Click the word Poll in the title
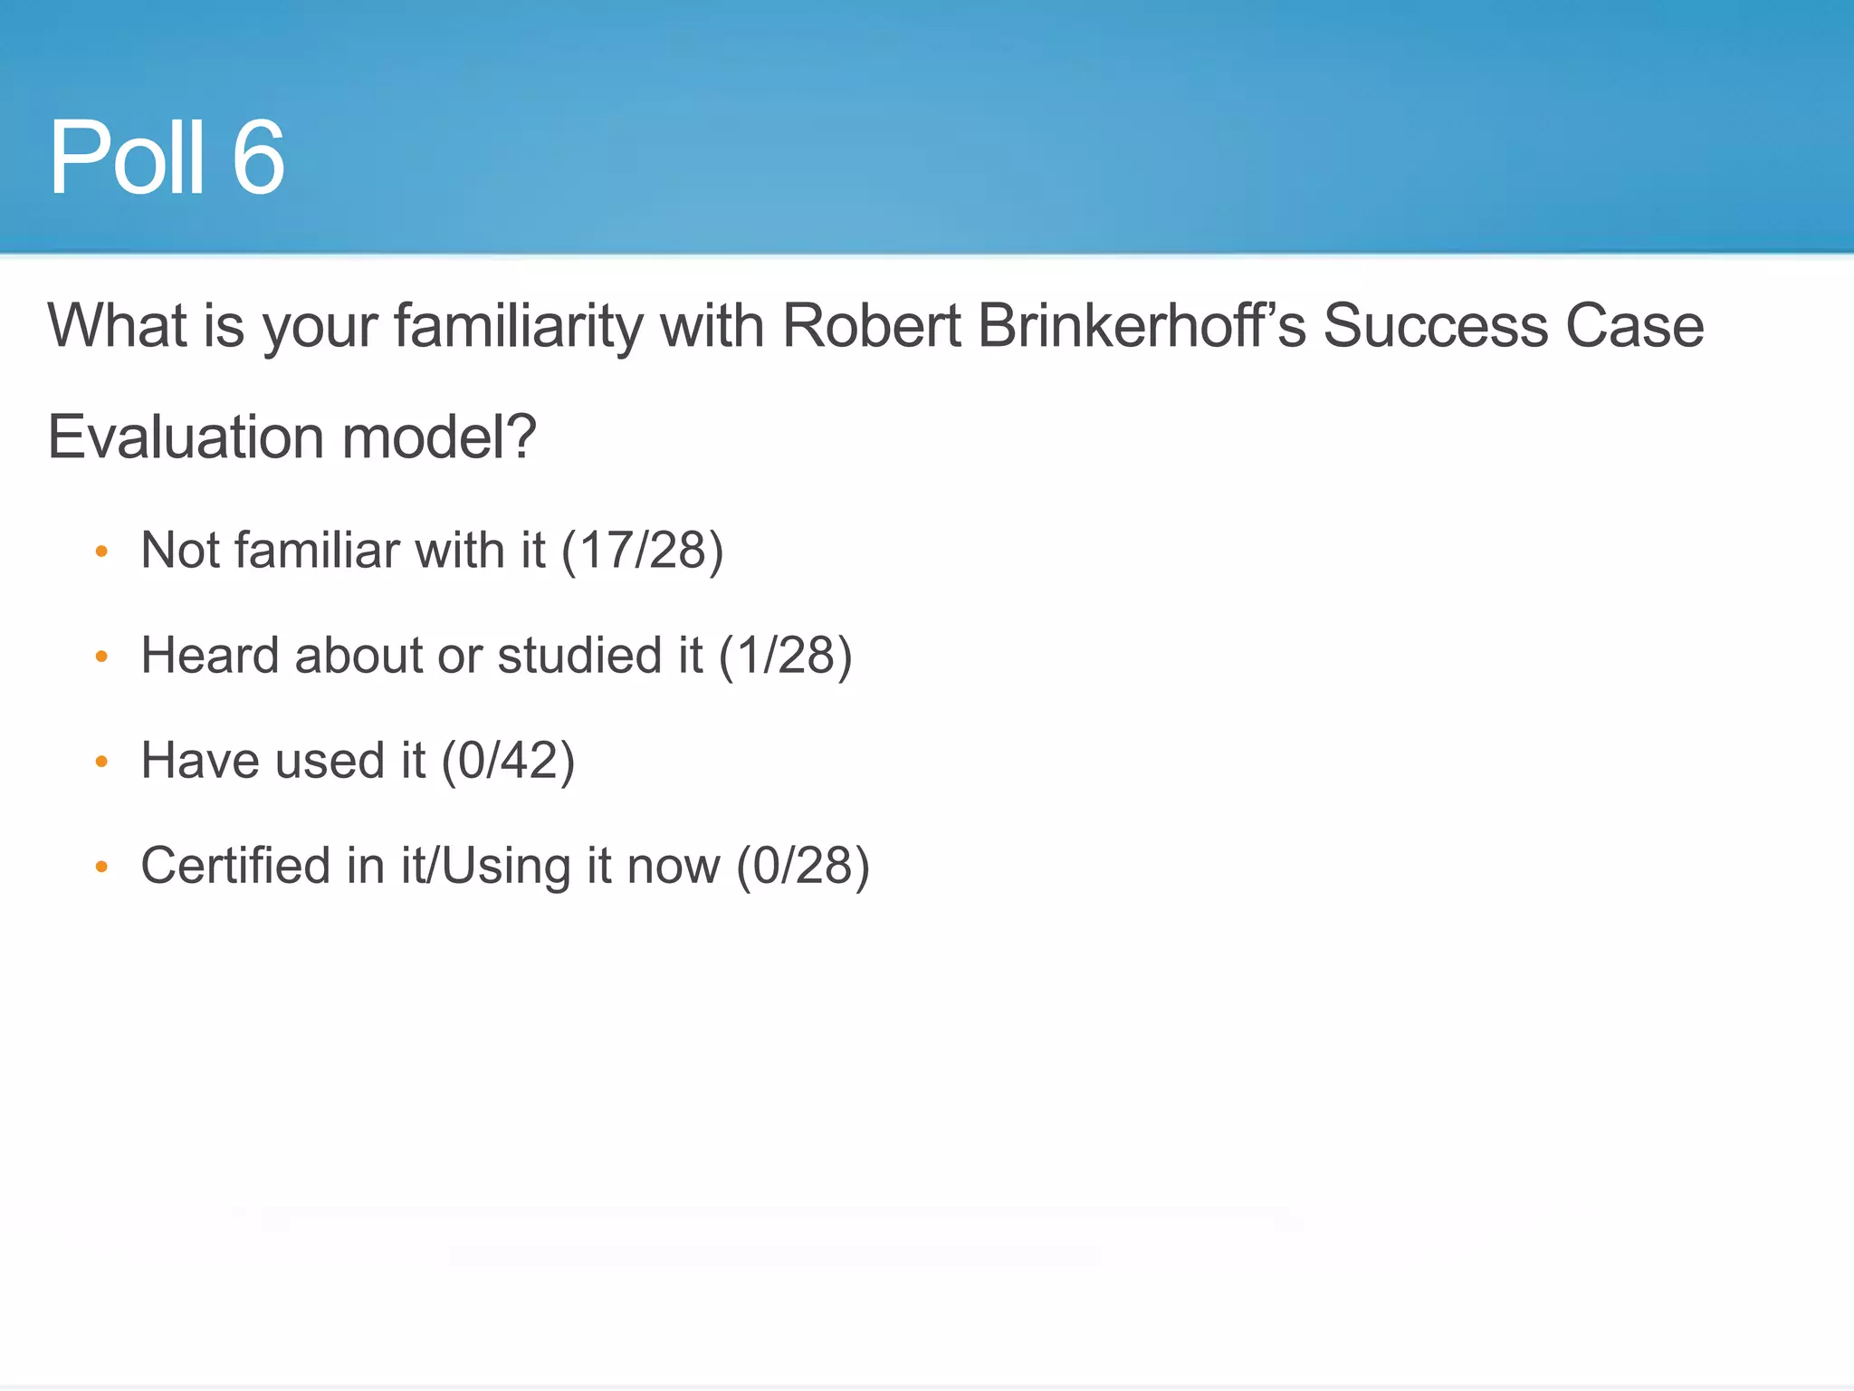click(x=127, y=158)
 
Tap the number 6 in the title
click(x=258, y=158)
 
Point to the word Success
click(x=1436, y=325)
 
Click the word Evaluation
click(x=186, y=437)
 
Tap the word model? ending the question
click(x=439, y=437)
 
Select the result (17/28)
click(x=643, y=551)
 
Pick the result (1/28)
click(x=785, y=656)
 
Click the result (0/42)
click(x=508, y=761)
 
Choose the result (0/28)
click(x=803, y=866)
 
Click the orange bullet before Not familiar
click(x=101, y=551)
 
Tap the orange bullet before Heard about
click(x=101, y=656)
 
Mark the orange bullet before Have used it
click(x=101, y=762)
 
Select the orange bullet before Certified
click(x=101, y=867)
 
